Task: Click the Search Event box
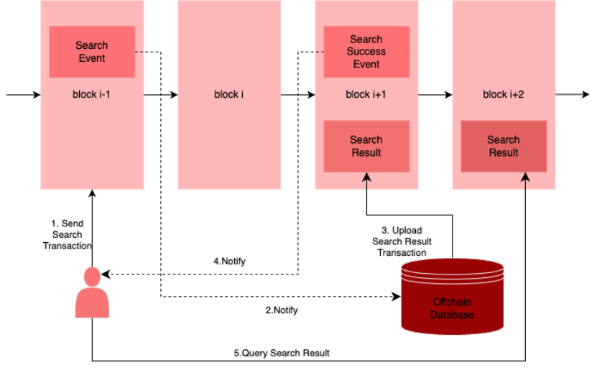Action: click(92, 52)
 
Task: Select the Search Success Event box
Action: click(366, 52)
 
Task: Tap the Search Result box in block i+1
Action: click(366, 147)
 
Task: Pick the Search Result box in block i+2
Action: click(504, 147)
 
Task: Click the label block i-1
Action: click(91, 94)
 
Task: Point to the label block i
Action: click(229, 94)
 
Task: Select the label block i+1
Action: click(366, 94)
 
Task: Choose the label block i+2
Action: click(504, 94)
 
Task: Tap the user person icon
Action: click(92, 293)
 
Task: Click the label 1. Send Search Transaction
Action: click(68, 235)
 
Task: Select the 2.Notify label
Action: click(282, 310)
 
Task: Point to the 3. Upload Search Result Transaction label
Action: click(402, 241)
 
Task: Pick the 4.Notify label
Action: click(230, 262)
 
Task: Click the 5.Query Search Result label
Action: click(282, 353)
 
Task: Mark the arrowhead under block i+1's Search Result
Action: click(366, 176)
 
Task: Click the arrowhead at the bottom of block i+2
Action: click(525, 176)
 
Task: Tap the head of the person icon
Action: click(92, 277)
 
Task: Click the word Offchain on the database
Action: click(453, 302)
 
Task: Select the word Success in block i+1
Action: click(366, 52)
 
